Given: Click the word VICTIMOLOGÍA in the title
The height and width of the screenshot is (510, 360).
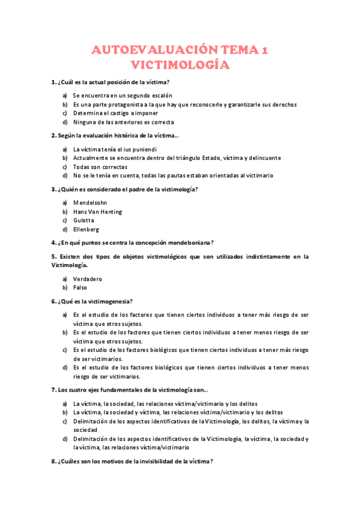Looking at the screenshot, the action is tap(180, 64).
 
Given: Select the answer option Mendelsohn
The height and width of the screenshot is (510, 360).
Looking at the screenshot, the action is tap(90, 203).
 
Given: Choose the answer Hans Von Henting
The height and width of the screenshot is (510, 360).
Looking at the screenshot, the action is tap(97, 212).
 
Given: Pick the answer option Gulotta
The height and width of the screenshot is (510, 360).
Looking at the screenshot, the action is tap(84, 220).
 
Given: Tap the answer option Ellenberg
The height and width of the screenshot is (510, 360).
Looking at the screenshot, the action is tap(86, 229).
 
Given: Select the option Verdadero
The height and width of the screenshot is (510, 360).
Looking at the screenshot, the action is tap(88, 278).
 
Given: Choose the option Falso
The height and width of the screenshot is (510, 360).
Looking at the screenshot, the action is tap(81, 287).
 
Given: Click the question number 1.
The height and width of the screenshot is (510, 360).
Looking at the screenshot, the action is tap(53, 82).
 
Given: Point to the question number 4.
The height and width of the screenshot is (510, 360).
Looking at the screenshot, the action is tap(53, 242).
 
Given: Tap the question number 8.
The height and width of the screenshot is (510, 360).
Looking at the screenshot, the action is tap(53, 461).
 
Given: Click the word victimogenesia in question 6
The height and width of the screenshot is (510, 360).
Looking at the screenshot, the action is tap(108, 301).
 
